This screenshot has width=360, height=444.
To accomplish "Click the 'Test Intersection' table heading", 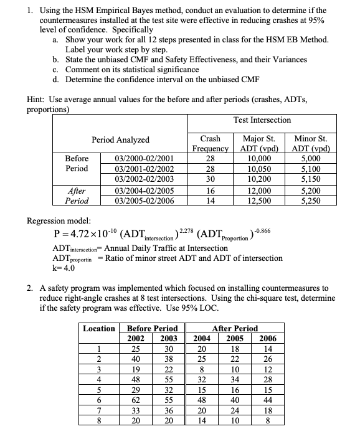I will click(262, 120).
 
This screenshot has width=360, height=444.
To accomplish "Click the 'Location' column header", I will click(99, 328).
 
